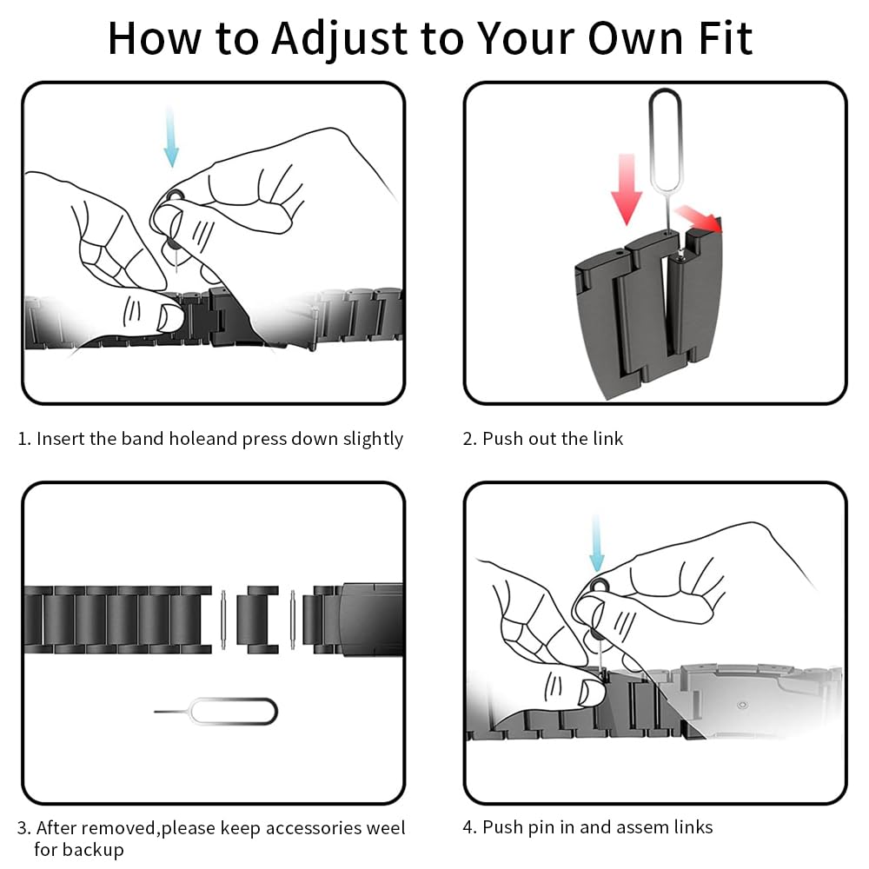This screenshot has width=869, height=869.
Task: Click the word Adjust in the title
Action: (x=341, y=39)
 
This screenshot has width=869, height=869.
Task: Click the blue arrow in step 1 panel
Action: (x=171, y=136)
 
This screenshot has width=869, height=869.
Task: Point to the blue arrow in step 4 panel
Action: (x=596, y=543)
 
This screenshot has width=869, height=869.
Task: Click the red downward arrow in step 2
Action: (x=627, y=189)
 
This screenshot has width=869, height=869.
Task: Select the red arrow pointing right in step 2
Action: (x=700, y=218)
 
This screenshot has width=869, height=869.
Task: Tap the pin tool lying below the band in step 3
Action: (x=216, y=712)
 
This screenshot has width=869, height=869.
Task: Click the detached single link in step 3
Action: (x=257, y=619)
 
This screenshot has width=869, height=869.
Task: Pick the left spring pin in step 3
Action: (x=223, y=619)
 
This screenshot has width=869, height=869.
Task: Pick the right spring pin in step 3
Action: (x=293, y=619)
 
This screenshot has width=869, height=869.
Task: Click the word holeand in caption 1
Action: (x=202, y=438)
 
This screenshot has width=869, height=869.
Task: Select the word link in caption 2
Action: (x=608, y=438)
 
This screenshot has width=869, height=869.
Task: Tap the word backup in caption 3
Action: (x=90, y=850)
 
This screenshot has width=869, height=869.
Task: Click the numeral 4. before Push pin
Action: (x=470, y=827)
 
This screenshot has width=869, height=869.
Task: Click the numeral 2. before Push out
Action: (x=470, y=439)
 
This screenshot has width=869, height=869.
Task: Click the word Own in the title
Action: (x=634, y=39)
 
